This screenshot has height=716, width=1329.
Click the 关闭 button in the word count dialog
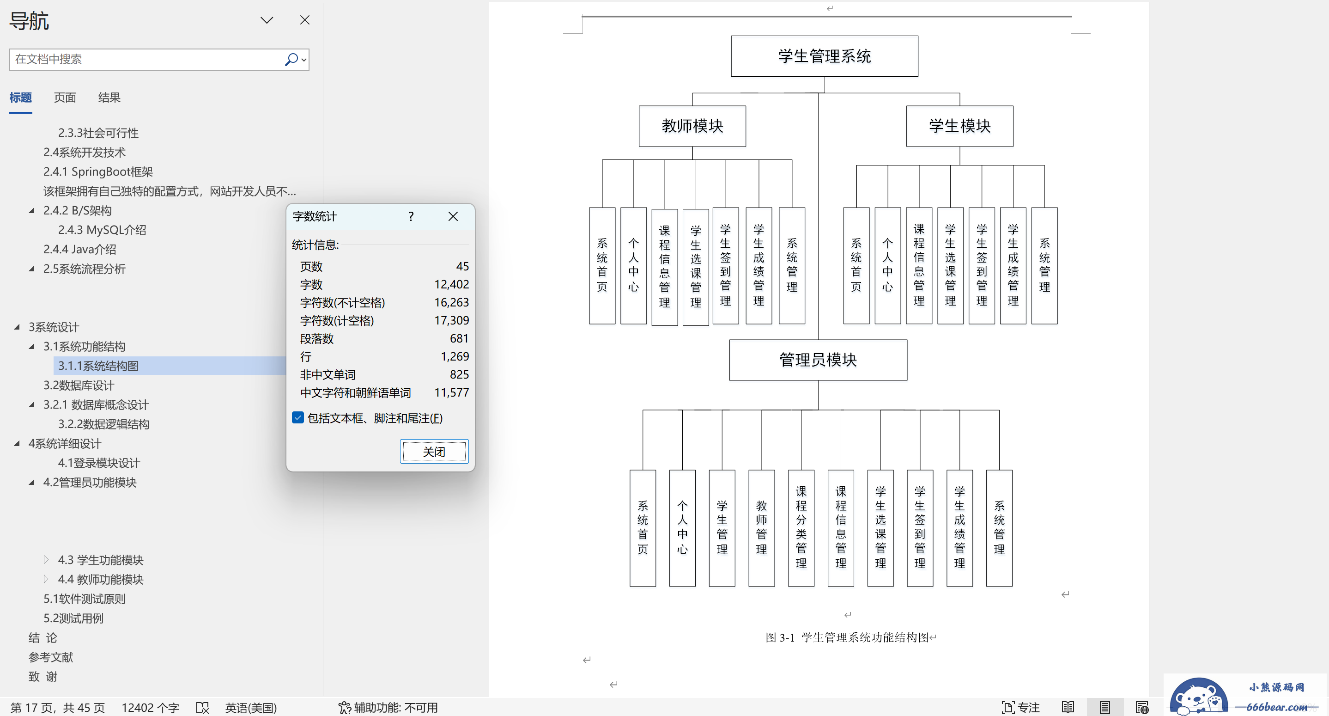click(x=434, y=452)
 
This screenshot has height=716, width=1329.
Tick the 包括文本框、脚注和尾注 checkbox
click(x=297, y=417)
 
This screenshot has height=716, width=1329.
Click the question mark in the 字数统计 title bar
click(x=411, y=216)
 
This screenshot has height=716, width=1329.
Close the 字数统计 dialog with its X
click(x=453, y=216)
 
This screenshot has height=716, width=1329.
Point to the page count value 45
click(x=462, y=266)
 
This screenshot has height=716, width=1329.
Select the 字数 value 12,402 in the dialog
click(x=451, y=284)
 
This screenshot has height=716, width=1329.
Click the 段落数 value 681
click(x=459, y=339)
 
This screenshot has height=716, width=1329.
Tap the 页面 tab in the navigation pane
click(x=65, y=98)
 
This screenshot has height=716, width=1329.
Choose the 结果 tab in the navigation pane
click(x=109, y=98)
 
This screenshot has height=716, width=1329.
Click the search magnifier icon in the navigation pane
click(x=291, y=59)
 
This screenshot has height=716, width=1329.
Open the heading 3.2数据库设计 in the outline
click(x=79, y=386)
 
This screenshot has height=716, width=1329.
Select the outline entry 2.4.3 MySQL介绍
click(x=102, y=230)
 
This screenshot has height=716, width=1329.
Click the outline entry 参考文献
click(x=50, y=657)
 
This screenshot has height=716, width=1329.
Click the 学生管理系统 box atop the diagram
click(x=825, y=56)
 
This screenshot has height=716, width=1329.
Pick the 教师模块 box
click(x=692, y=126)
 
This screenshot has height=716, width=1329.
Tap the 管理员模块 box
click(x=818, y=360)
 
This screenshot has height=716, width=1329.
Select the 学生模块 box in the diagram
click(x=959, y=126)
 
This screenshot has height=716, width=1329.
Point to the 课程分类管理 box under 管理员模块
click(x=801, y=527)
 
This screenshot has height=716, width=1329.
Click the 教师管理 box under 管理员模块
click(x=761, y=527)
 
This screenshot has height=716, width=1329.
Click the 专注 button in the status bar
click(x=1020, y=707)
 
